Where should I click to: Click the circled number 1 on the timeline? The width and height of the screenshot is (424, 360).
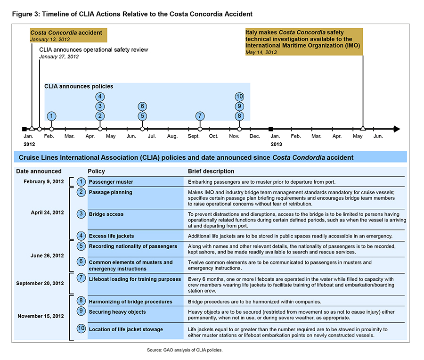click(x=52, y=116)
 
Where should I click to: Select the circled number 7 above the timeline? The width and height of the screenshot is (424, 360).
click(x=200, y=116)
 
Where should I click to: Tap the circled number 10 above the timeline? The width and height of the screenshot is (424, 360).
click(x=239, y=97)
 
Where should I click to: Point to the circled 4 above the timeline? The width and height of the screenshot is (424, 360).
click(x=100, y=97)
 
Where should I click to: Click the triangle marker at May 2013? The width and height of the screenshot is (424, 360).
click(x=363, y=128)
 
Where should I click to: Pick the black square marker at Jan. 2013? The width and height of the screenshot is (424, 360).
click(x=270, y=129)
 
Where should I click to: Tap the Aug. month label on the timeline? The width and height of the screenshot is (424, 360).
click(x=172, y=136)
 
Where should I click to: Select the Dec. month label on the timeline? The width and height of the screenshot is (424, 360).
click(x=254, y=136)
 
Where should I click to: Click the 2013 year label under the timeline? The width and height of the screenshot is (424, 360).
click(x=277, y=145)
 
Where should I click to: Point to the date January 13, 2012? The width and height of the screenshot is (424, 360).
click(x=50, y=39)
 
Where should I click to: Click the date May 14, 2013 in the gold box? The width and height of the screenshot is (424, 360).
click(x=261, y=52)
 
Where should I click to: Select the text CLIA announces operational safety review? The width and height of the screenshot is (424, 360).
click(x=94, y=49)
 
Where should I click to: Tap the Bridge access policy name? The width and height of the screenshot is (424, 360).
click(x=106, y=214)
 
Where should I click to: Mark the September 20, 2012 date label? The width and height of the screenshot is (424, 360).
click(x=40, y=283)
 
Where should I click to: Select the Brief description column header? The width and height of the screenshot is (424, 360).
click(x=211, y=172)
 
